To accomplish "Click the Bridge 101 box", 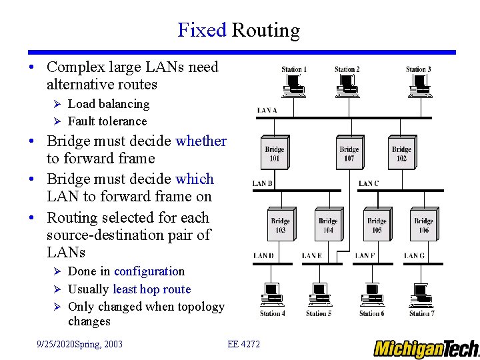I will tap(275, 153).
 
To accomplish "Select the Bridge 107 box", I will tap(349, 153).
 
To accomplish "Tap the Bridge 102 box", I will tap(401, 153).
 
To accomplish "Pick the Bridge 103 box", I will tap(280, 225).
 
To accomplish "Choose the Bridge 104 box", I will tap(328, 225).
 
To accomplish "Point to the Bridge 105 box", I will tap(377, 225).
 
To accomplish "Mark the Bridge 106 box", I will tap(423, 225).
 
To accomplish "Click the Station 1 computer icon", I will tap(293, 83).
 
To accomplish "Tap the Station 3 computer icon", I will tap(420, 83).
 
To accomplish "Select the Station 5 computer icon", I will tap(319, 295).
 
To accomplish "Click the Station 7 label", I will tap(421, 313).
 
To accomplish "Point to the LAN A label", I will tap(267, 110).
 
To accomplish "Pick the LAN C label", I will tap(368, 183).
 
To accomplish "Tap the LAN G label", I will tap(413, 255).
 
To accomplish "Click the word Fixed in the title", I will tap(202, 30).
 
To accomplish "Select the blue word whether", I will tap(201, 141).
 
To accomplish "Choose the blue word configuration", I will tap(149, 271).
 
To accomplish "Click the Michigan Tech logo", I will tap(426, 349).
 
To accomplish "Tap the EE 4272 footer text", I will tap(244, 344).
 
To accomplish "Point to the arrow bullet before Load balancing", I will tap(57, 104).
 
